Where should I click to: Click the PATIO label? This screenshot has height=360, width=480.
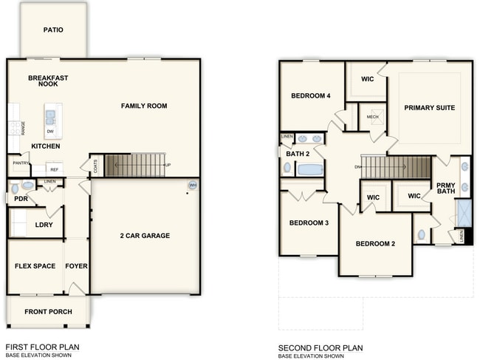53,30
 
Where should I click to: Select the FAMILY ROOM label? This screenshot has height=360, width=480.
144,106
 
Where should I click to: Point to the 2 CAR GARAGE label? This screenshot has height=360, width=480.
145,236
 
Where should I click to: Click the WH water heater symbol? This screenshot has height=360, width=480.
193,185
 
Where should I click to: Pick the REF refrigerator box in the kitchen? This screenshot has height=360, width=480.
55,169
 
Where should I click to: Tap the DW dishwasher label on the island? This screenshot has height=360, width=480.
50,132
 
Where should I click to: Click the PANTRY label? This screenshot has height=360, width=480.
21,163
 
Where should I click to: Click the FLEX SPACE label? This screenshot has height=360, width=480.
35,266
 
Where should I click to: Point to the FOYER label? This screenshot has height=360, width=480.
76,266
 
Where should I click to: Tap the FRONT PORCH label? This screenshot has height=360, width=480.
48,311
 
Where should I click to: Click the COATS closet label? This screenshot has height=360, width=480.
95,166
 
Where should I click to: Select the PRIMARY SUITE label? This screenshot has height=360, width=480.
429,108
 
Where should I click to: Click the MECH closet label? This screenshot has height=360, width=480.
372,116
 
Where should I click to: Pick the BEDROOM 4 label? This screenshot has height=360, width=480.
311,96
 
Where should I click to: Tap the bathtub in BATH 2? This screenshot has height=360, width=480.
310,169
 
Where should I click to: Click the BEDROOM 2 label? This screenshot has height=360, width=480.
376,244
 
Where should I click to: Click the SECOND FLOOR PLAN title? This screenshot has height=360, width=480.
320,347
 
